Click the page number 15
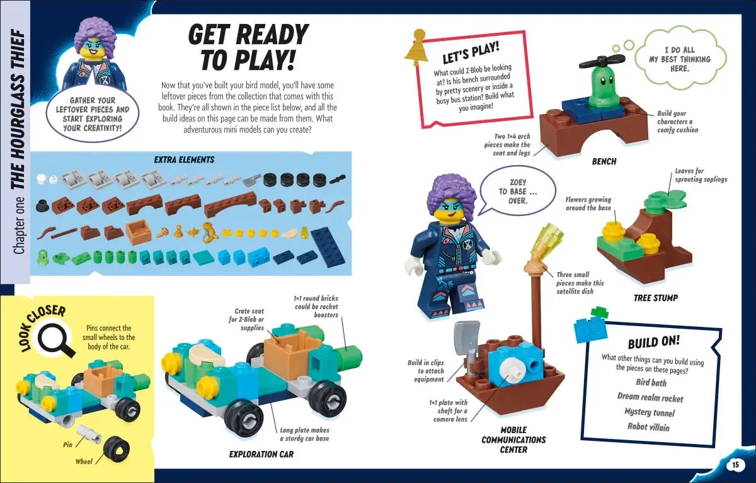[x=735, y=465]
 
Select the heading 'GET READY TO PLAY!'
[x=248, y=47]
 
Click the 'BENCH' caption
[x=604, y=162]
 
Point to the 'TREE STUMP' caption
[x=655, y=297]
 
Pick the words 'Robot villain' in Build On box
[x=648, y=427]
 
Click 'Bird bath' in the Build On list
[x=651, y=383]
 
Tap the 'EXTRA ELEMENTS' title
[x=184, y=160]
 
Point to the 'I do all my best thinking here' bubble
[x=679, y=59]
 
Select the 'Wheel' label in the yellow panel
[x=84, y=462]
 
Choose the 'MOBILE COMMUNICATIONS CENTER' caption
[x=513, y=440]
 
